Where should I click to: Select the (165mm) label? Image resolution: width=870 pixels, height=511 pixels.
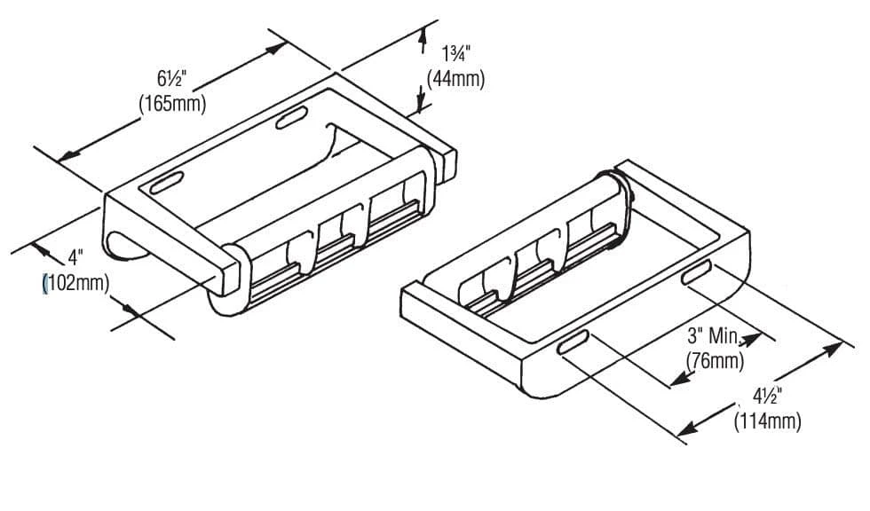click(172, 103)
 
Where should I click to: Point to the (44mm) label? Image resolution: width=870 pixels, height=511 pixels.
click(455, 78)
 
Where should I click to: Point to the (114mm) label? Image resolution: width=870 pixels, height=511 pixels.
click(768, 420)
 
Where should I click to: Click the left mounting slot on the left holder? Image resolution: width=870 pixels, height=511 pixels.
click(166, 185)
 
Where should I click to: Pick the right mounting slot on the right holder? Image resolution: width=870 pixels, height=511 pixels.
click(697, 272)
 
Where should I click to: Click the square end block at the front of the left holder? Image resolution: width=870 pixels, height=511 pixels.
click(229, 272)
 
